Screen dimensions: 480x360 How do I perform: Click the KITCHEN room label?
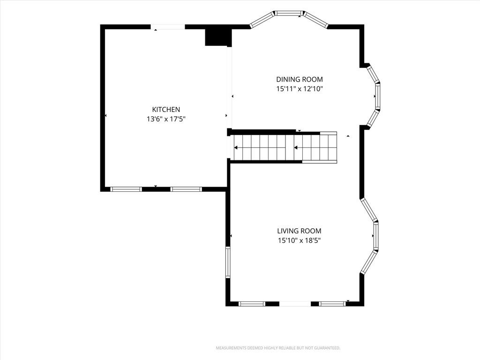[x=166, y=109]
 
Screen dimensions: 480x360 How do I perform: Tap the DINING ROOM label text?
[x=300, y=79]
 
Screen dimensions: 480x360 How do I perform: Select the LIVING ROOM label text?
[x=299, y=231]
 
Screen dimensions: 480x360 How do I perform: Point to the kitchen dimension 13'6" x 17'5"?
[x=166, y=119]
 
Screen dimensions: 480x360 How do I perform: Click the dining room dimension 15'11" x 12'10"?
[x=300, y=89]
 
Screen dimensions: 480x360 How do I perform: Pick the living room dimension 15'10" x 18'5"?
[x=299, y=240]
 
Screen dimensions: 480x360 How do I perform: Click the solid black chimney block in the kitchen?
[x=218, y=37]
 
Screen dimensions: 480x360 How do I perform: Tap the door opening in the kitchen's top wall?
[x=168, y=27]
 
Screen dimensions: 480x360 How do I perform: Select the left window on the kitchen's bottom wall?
[x=126, y=189]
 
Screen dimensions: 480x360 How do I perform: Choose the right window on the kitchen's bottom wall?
[x=186, y=189]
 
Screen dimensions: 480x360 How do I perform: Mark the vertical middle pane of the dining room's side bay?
[x=377, y=96]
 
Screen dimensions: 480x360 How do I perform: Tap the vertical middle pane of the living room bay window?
[x=376, y=236]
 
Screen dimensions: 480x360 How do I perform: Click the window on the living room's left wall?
[x=228, y=262]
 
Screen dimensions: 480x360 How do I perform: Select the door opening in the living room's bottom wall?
[x=295, y=304]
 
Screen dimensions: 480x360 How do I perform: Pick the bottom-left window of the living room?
[x=252, y=304]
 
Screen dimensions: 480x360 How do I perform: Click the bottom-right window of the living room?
[x=332, y=304]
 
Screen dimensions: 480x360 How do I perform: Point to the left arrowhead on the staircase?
[x=236, y=148]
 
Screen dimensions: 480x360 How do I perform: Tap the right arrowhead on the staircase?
[x=296, y=148]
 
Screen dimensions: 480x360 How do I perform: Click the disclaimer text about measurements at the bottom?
[x=278, y=348]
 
